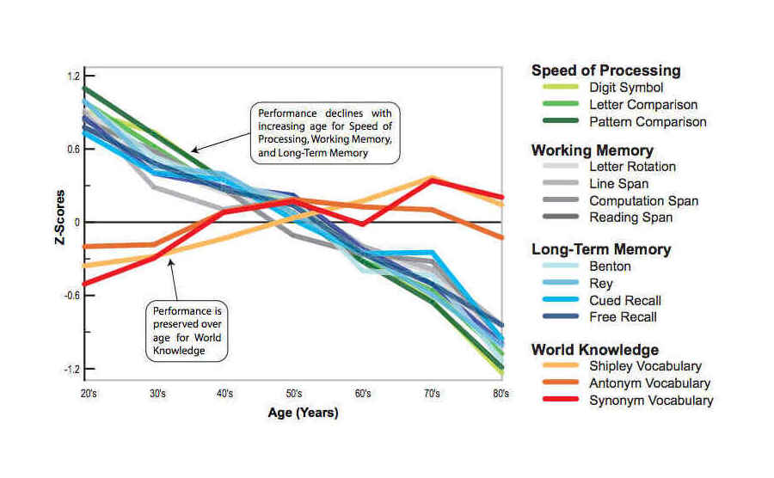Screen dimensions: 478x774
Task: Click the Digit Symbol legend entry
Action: (x=625, y=88)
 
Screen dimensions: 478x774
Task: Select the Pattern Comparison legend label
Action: (x=648, y=121)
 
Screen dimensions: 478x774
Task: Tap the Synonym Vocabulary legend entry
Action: (x=650, y=400)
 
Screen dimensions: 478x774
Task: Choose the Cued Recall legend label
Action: (x=623, y=300)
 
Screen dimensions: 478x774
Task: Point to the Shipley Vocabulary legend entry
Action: (x=645, y=366)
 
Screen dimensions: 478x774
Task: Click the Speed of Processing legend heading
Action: (x=606, y=70)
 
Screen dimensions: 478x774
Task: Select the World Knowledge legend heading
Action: (x=595, y=349)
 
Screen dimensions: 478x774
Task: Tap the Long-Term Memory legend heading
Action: (x=601, y=249)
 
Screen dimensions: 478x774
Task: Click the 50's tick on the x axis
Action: (x=293, y=393)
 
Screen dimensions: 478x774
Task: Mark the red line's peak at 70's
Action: (x=433, y=180)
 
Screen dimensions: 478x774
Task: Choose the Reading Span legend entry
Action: (x=630, y=218)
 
